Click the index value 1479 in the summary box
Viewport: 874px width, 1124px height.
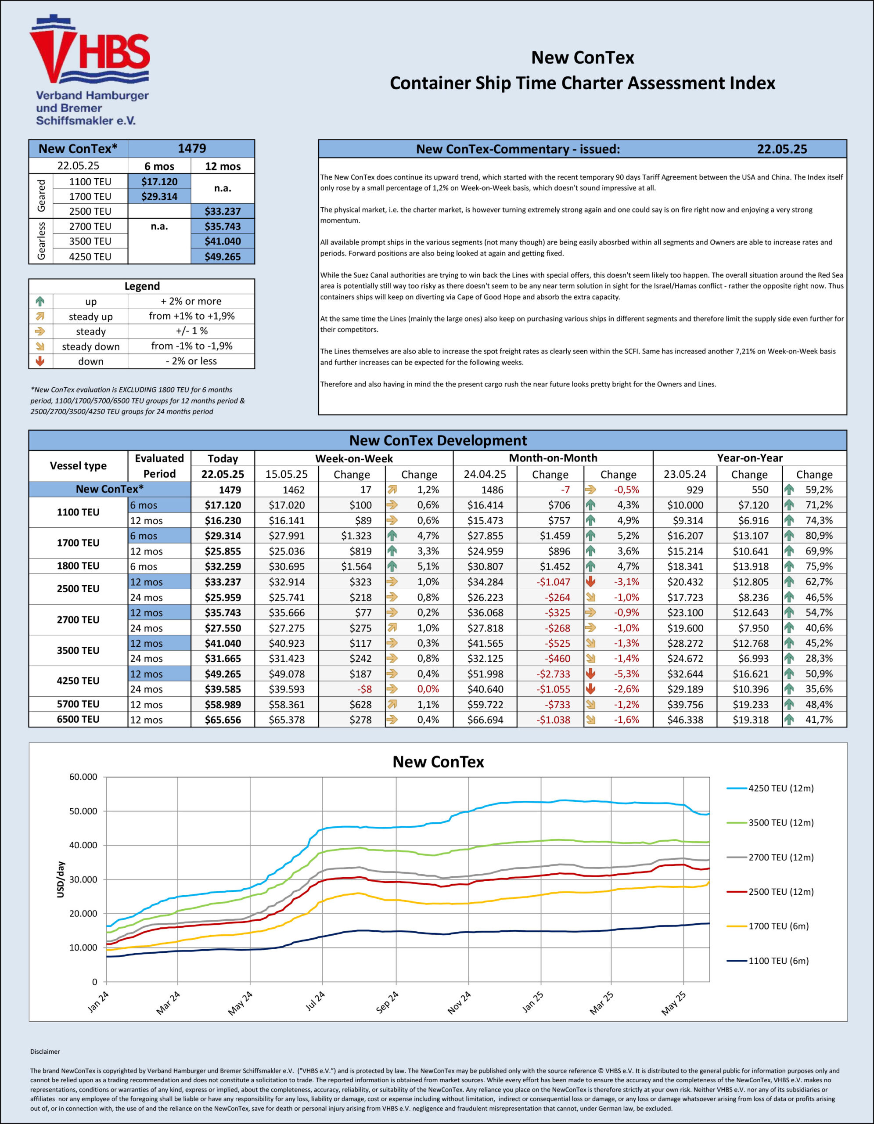tap(191, 149)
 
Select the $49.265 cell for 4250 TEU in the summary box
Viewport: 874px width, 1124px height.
tap(222, 256)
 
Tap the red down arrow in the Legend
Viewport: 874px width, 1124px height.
tap(40, 361)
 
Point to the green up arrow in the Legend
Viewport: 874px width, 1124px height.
tap(40, 301)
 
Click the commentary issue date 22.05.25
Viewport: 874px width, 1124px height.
tap(781, 149)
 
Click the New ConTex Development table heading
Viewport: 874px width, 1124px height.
tap(438, 440)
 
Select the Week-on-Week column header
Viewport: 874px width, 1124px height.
tap(353, 458)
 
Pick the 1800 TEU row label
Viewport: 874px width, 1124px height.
tap(78, 566)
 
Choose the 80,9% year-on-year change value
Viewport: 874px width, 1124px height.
tap(818, 536)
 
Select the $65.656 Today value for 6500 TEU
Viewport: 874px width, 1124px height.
tap(223, 720)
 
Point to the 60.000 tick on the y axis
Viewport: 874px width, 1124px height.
tap(83, 777)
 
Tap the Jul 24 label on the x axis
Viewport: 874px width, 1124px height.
tap(315, 1001)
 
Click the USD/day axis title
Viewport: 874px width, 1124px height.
tap(60, 879)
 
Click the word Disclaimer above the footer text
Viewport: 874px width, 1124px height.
tap(45, 1052)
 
